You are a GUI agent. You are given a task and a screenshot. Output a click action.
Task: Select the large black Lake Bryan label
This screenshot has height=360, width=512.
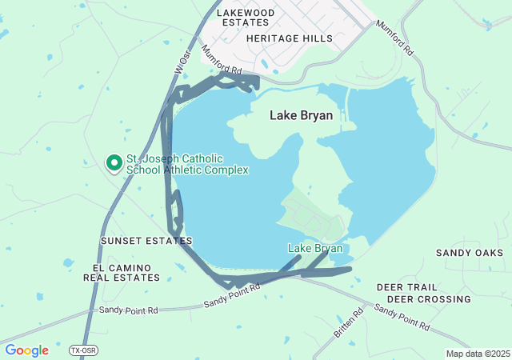pos(301,115)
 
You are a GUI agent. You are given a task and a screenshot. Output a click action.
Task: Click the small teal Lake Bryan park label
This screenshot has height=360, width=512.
pos(315,249)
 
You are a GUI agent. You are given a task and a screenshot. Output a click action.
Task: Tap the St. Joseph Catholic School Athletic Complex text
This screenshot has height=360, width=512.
pos(186,164)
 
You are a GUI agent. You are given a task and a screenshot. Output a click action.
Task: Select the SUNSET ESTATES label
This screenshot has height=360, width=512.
pos(146,240)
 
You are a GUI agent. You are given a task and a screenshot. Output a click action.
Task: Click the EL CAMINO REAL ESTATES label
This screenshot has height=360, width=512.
pos(126,272)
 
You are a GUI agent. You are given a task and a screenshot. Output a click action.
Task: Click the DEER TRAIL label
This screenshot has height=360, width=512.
pos(406,286)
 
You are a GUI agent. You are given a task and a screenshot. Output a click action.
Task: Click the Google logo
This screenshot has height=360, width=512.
pos(26,350)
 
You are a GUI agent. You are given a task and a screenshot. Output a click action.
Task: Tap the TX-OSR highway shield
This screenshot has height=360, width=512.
pos(82,350)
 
